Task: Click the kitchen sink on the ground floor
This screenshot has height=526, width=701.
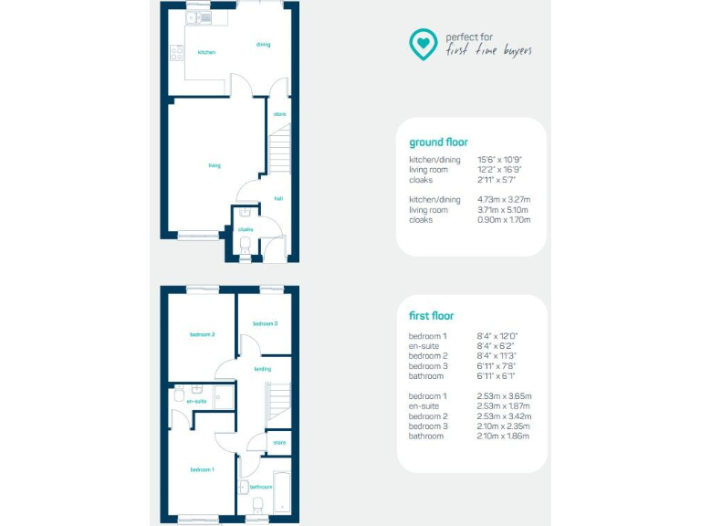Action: [199, 17]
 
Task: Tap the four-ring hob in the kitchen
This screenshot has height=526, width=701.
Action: [174, 54]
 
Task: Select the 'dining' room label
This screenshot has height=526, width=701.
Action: [263, 44]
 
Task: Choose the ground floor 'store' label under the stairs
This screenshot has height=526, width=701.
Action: [279, 114]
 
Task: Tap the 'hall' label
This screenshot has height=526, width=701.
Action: [277, 198]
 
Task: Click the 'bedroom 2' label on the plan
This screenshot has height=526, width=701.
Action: [202, 334]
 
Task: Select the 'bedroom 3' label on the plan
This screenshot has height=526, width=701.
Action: [265, 323]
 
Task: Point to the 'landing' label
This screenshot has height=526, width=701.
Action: [262, 369]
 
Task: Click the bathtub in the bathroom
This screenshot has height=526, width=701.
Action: [280, 491]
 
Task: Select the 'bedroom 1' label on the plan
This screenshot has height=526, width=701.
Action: [202, 469]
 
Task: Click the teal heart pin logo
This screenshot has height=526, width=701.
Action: [422, 43]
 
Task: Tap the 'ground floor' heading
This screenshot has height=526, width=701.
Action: [438, 142]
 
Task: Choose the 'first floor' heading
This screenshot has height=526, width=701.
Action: [431, 316]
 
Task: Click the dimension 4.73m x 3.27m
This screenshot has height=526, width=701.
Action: [504, 199]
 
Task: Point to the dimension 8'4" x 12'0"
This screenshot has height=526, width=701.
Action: [497, 336]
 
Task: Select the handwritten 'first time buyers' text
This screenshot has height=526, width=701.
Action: [488, 50]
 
